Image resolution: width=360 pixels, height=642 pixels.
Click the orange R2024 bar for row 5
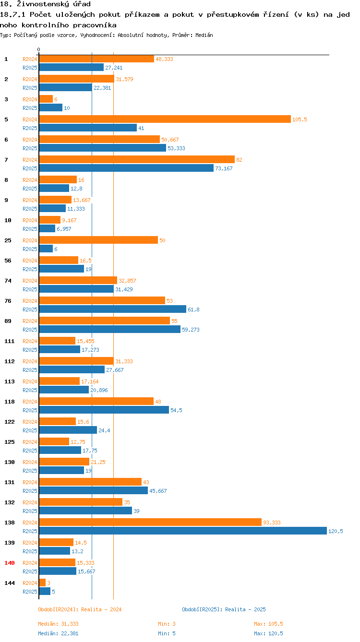[x=165, y=119]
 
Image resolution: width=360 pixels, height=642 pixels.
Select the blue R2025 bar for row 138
[x=183, y=531]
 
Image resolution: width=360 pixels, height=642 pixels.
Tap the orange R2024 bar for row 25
[x=98, y=240]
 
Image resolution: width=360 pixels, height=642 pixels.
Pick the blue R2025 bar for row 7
[x=126, y=168]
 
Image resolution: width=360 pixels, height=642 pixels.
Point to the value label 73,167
[x=224, y=168]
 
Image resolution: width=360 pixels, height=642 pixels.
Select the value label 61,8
[x=193, y=309]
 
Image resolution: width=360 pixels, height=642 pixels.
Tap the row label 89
[x=8, y=321]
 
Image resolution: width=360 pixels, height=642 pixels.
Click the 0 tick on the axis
[x=39, y=49]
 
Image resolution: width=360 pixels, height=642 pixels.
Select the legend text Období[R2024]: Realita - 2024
[x=80, y=609]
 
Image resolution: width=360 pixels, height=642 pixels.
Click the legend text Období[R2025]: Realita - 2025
[x=224, y=609]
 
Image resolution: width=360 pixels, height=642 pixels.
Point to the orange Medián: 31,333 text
[x=58, y=624]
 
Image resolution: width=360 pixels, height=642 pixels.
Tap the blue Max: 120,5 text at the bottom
[x=268, y=633]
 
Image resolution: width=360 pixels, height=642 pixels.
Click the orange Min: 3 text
[x=167, y=624]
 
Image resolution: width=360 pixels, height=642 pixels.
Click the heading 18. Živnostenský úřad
[x=46, y=4]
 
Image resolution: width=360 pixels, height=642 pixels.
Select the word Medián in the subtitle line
[x=204, y=35]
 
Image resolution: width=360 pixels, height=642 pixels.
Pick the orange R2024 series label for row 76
[x=30, y=301]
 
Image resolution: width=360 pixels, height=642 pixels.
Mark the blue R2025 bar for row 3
[x=50, y=107]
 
